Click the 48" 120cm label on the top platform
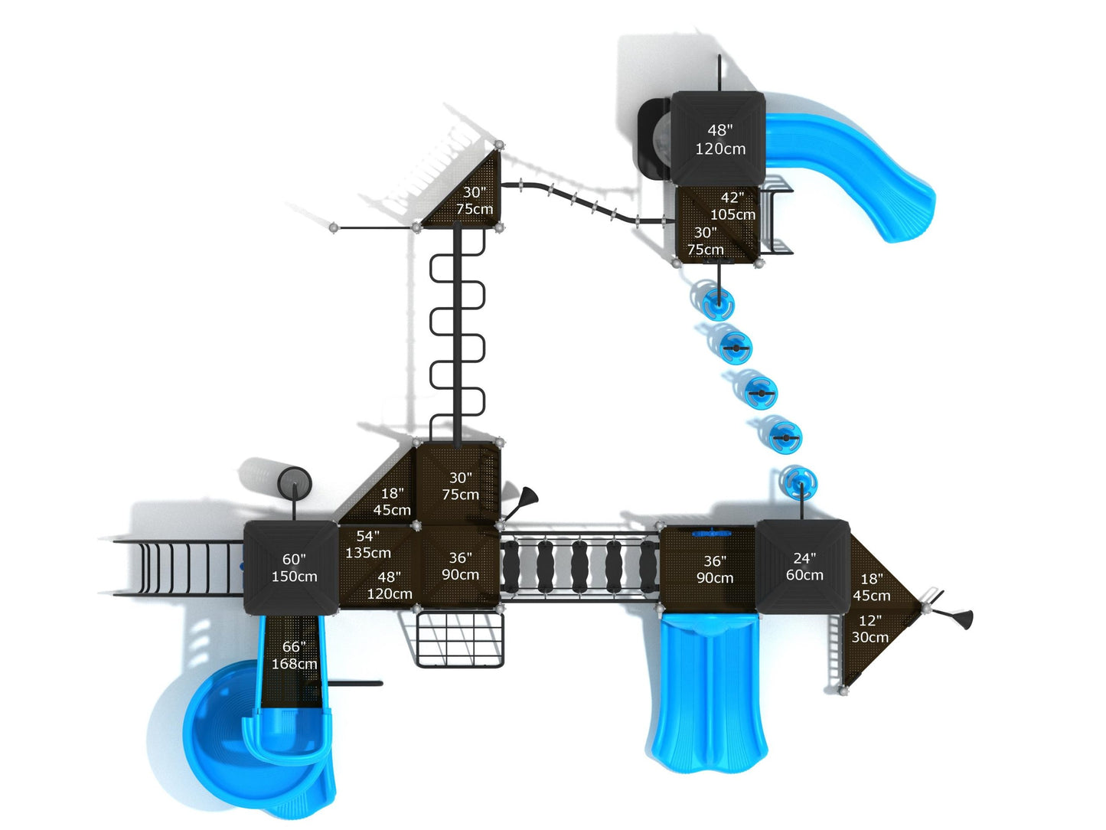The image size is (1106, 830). tap(719, 139)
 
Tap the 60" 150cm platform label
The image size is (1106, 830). tap(294, 568)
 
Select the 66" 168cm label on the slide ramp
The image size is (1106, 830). tap(294, 655)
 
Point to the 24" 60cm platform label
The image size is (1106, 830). tap(804, 567)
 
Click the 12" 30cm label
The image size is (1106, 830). tap(870, 629)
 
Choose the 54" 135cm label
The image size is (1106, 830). tap(368, 544)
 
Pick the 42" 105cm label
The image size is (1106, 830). tap(732, 206)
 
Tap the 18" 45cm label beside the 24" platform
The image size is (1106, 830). tap(872, 587)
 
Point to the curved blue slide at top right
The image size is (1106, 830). tap(850, 168)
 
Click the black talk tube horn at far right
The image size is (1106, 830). tap(957, 616)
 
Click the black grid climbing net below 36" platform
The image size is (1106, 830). tap(459, 639)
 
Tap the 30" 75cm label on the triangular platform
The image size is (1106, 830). tap(475, 201)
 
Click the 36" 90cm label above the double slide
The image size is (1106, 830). tap(715, 570)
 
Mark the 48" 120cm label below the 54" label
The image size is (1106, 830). tap(390, 586)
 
